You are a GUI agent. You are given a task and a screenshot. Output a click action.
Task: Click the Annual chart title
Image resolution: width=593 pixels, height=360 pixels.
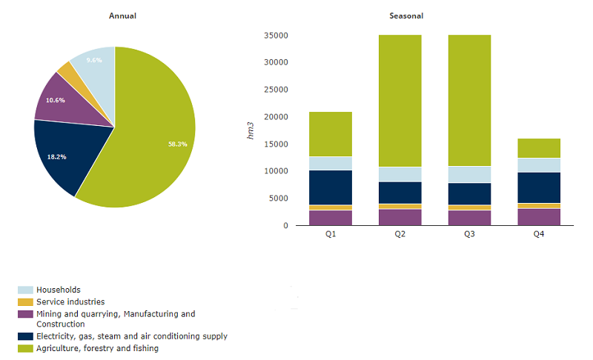(122, 16)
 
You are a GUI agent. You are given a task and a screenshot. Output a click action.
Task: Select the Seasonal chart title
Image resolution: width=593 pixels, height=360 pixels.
(406, 16)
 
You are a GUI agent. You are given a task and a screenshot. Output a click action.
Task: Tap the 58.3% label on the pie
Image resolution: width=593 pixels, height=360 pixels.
(177, 144)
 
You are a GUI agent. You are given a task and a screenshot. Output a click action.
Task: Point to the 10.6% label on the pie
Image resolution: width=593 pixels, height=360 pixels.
(55, 100)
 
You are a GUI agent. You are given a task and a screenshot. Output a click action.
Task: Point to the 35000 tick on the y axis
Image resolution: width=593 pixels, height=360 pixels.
(275, 36)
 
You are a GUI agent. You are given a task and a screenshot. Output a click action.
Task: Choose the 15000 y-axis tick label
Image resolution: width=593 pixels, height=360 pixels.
(275, 144)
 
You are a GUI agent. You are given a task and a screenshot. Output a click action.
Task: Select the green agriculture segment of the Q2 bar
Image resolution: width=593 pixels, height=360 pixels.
(400, 101)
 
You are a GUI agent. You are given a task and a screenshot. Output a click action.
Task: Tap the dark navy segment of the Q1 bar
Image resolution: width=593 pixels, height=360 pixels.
(331, 187)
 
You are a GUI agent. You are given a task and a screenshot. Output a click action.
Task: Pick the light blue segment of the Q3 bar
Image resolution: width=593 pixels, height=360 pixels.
(469, 174)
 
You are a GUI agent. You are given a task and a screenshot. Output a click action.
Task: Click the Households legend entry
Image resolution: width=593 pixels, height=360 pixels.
(58, 290)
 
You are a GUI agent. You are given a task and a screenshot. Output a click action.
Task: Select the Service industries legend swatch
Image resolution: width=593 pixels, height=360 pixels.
(25, 302)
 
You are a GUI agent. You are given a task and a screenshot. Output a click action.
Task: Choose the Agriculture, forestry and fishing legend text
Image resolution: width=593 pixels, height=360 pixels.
(96, 348)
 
